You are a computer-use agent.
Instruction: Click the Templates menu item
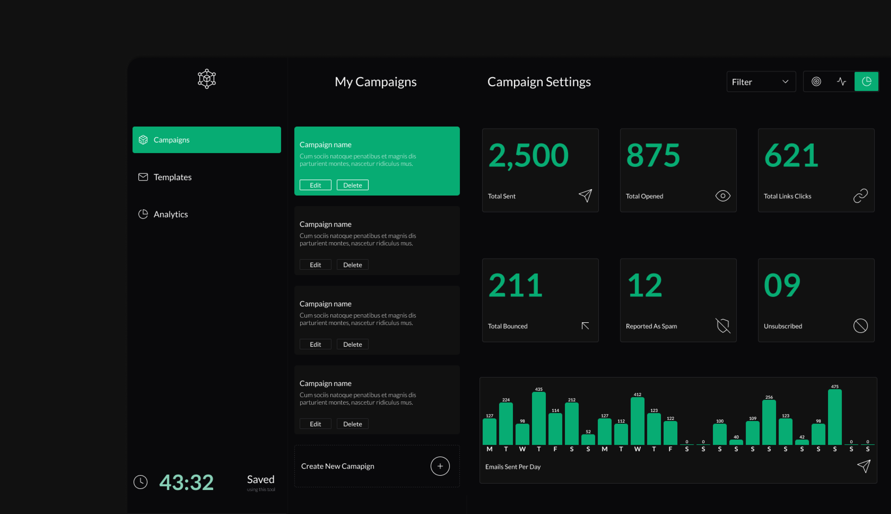[172, 177]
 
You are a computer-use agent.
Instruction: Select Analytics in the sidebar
[170, 214]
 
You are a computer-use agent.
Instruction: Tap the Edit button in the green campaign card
[315, 185]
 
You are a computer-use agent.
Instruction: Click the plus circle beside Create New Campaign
[440, 466]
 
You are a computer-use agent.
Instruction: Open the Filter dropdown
[761, 82]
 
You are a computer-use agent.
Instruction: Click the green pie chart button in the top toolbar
[866, 82]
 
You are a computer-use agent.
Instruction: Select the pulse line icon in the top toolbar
[841, 82]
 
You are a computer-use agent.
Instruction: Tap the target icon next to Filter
[816, 82]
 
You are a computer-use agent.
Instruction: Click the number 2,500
[528, 156]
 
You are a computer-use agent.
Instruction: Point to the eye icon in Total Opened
[722, 196]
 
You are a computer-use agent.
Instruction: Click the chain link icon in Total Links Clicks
[860, 196]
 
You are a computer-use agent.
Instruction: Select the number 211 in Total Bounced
[515, 286]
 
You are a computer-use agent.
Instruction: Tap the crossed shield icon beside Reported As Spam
[722, 325]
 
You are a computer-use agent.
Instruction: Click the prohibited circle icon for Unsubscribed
[860, 325]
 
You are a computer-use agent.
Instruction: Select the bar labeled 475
[834, 417]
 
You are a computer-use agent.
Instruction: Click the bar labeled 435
[539, 418]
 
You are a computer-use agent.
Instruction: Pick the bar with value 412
[637, 421]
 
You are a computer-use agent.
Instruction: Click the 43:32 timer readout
[186, 482]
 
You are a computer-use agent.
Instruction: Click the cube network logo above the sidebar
[207, 79]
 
